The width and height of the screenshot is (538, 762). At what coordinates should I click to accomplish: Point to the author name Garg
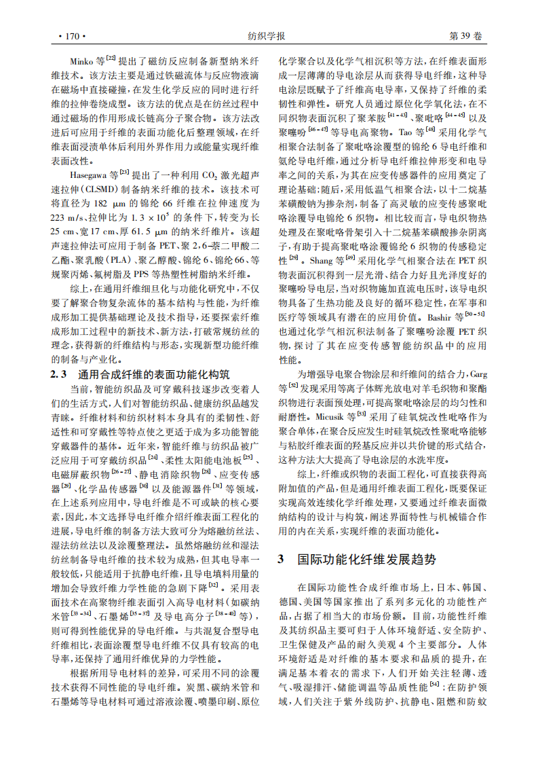pyautogui.click(x=478, y=374)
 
